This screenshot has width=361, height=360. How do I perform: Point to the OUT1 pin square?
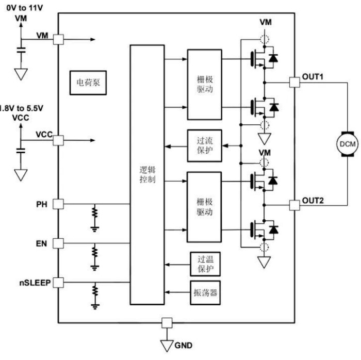point(295,81)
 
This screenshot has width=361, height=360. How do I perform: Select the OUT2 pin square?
point(295,205)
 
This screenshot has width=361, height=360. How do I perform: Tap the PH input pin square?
point(58,204)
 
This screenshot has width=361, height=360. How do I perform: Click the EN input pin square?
point(58,242)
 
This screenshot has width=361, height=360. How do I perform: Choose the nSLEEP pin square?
point(58,282)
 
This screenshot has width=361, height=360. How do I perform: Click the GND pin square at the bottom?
point(166,323)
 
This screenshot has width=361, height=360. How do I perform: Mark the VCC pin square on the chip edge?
point(58,140)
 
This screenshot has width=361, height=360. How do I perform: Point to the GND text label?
point(185,345)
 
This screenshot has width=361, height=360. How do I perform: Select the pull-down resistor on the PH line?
point(95,214)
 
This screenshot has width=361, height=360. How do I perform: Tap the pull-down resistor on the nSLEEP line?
point(95,292)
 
